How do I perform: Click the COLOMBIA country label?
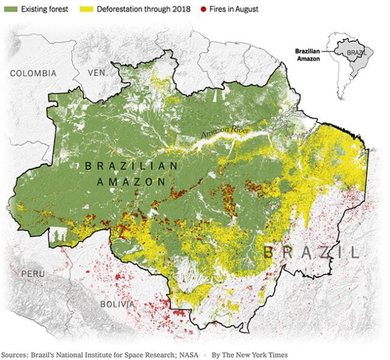[x=33, y=73]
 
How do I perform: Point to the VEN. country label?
[x=97, y=72]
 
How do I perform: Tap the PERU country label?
[x=33, y=274]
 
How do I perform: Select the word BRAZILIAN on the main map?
[x=131, y=166]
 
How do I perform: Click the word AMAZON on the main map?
[x=131, y=182]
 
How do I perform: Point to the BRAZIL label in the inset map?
[x=356, y=53]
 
